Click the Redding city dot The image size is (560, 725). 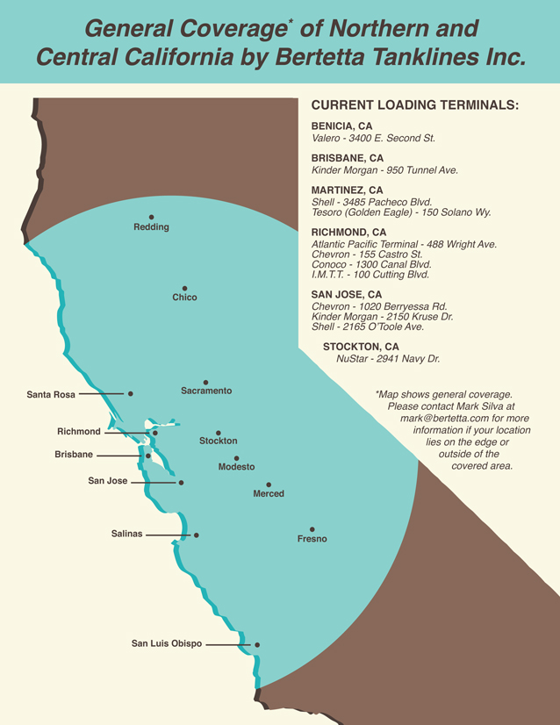tap(151, 217)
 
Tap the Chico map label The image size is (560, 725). tap(184, 298)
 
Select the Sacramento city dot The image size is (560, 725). tap(206, 382)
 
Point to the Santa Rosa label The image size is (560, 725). tap(51, 395)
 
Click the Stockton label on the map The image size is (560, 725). tap(218, 441)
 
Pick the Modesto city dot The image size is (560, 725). tap(237, 458)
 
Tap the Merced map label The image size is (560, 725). tap(269, 494)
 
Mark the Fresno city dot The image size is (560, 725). tap(312, 529)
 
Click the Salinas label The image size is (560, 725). tap(126, 534)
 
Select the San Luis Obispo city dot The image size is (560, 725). tap(257, 645)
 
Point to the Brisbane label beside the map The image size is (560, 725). tap(74, 456)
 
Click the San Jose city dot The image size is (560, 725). tap(181, 483)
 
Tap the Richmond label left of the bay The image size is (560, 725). tap(79, 432)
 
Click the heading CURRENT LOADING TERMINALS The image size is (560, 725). tap(415, 105)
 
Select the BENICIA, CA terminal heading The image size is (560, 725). tap(341, 126)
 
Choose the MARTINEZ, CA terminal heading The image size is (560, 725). tap(347, 190)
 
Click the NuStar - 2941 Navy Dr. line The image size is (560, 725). tap(388, 359)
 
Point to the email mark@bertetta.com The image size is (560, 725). tap(442, 419)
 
